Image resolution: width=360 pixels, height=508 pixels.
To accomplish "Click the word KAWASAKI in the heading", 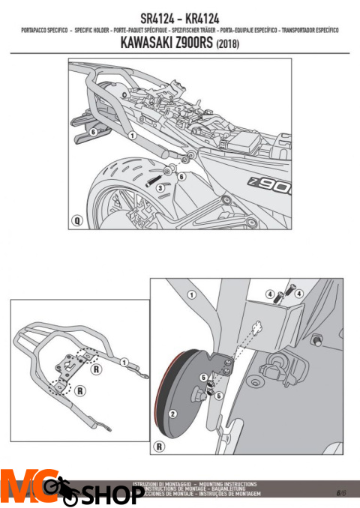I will [x=147, y=43].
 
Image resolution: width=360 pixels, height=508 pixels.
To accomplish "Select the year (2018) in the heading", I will [x=228, y=43].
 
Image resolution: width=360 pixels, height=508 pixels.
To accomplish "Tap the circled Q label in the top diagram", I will [x=76, y=221].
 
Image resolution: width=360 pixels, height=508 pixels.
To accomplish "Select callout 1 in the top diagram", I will [x=131, y=136].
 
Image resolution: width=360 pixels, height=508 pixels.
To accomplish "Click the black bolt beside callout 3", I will [x=154, y=179].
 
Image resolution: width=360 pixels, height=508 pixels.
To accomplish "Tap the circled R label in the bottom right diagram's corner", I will [x=159, y=447].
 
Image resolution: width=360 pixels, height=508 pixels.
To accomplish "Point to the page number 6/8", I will [x=341, y=492].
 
